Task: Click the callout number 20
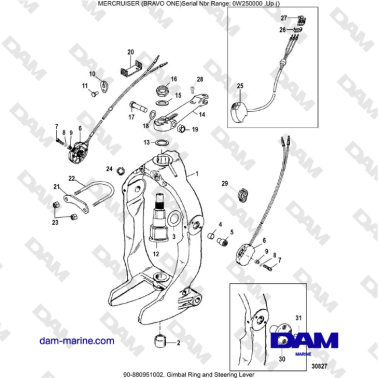tap(130, 51)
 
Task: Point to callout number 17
tap(131, 117)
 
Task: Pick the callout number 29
tap(225, 184)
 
